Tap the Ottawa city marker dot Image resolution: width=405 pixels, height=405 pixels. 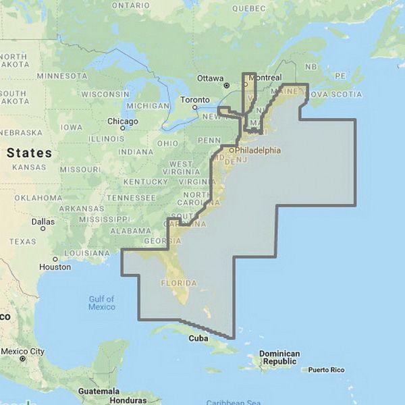point(227,85)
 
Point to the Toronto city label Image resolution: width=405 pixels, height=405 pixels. point(195,100)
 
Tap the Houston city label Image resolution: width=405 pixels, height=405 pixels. point(55,267)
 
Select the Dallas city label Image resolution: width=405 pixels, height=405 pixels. point(43,221)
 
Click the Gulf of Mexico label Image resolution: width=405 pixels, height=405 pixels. point(101,303)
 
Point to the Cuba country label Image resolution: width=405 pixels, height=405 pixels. point(198,338)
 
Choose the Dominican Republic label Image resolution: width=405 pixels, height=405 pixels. point(279,357)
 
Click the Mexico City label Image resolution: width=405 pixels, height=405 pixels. point(22,351)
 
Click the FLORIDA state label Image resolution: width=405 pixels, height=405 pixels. point(178,283)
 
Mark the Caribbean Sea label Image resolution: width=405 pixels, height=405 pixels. point(234,402)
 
